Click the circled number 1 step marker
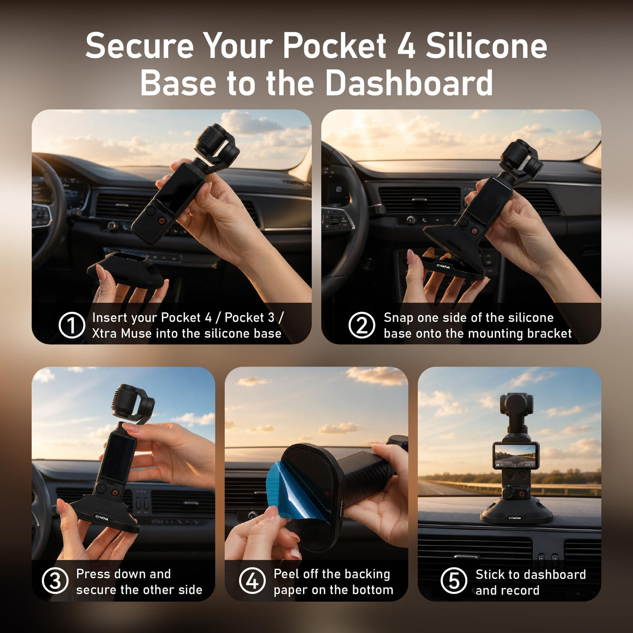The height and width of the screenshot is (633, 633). [71, 325]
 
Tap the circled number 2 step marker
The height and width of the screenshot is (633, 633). [362, 325]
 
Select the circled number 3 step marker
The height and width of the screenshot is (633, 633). [55, 581]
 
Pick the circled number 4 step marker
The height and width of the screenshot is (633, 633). [252, 581]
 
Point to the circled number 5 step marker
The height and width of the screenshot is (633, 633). [453, 581]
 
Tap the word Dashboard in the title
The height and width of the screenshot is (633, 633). [409, 82]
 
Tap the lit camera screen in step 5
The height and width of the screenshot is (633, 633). [515, 456]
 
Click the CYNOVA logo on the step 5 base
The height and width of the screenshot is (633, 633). [515, 518]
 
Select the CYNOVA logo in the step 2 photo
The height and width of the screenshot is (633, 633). [443, 265]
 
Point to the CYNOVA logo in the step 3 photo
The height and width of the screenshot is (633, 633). [102, 518]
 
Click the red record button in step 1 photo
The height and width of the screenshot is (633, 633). [161, 221]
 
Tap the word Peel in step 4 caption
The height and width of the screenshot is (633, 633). [287, 574]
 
